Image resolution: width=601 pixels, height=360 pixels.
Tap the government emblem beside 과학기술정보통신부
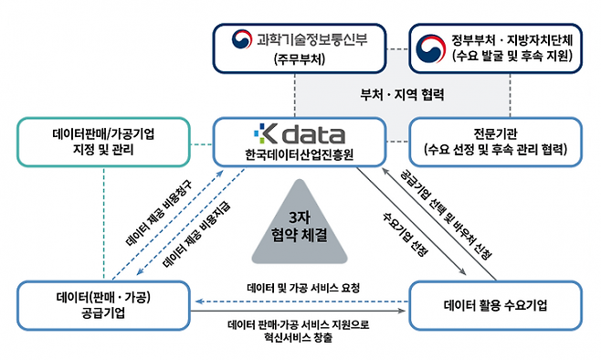tap(241, 39)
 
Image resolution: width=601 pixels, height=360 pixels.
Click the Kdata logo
tap(299, 134)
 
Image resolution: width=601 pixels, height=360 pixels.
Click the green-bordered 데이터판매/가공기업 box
tap(102, 143)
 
